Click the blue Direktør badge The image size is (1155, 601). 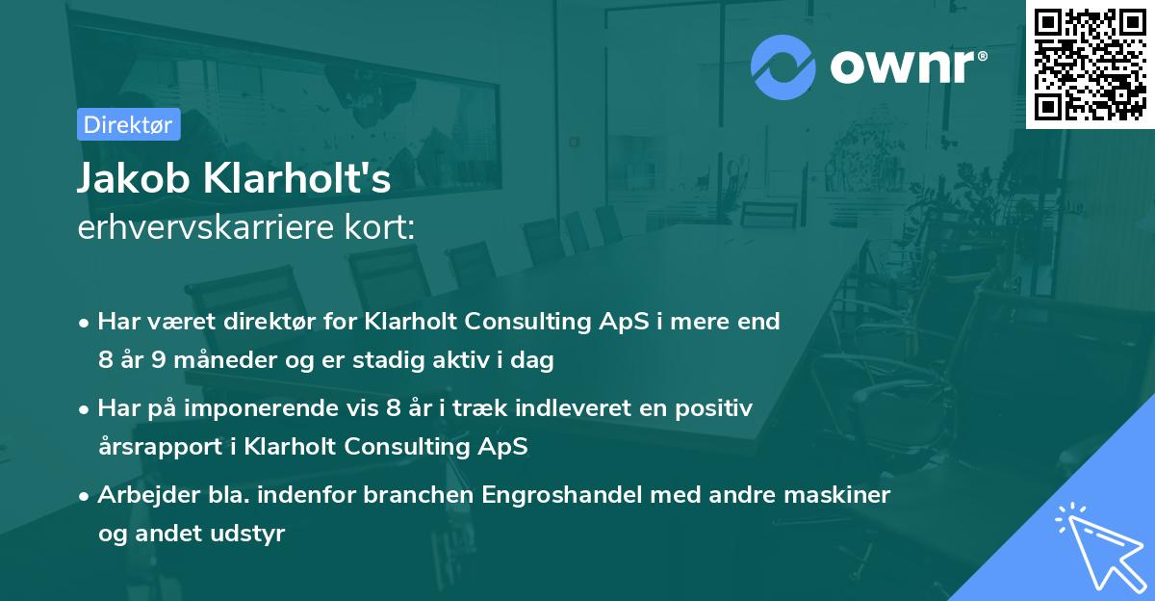click(x=128, y=124)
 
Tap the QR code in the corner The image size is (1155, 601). click(x=1091, y=65)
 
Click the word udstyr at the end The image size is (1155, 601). click(x=253, y=534)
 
